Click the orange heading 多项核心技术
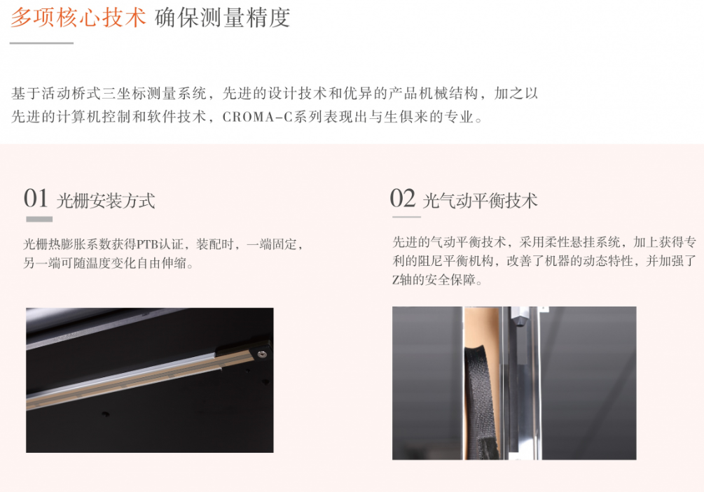coord(78,18)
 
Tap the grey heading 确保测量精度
coord(222,18)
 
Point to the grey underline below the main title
coord(41,43)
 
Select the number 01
coord(36,198)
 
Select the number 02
coord(402,198)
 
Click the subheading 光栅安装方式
coord(106,200)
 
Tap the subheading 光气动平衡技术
coord(480,200)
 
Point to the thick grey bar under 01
coord(39,219)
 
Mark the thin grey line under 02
coord(406,217)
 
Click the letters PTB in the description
coord(147,244)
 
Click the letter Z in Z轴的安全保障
coord(396,281)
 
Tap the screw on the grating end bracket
coord(262,354)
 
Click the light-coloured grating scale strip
coord(125,379)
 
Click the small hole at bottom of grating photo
coord(106,414)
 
